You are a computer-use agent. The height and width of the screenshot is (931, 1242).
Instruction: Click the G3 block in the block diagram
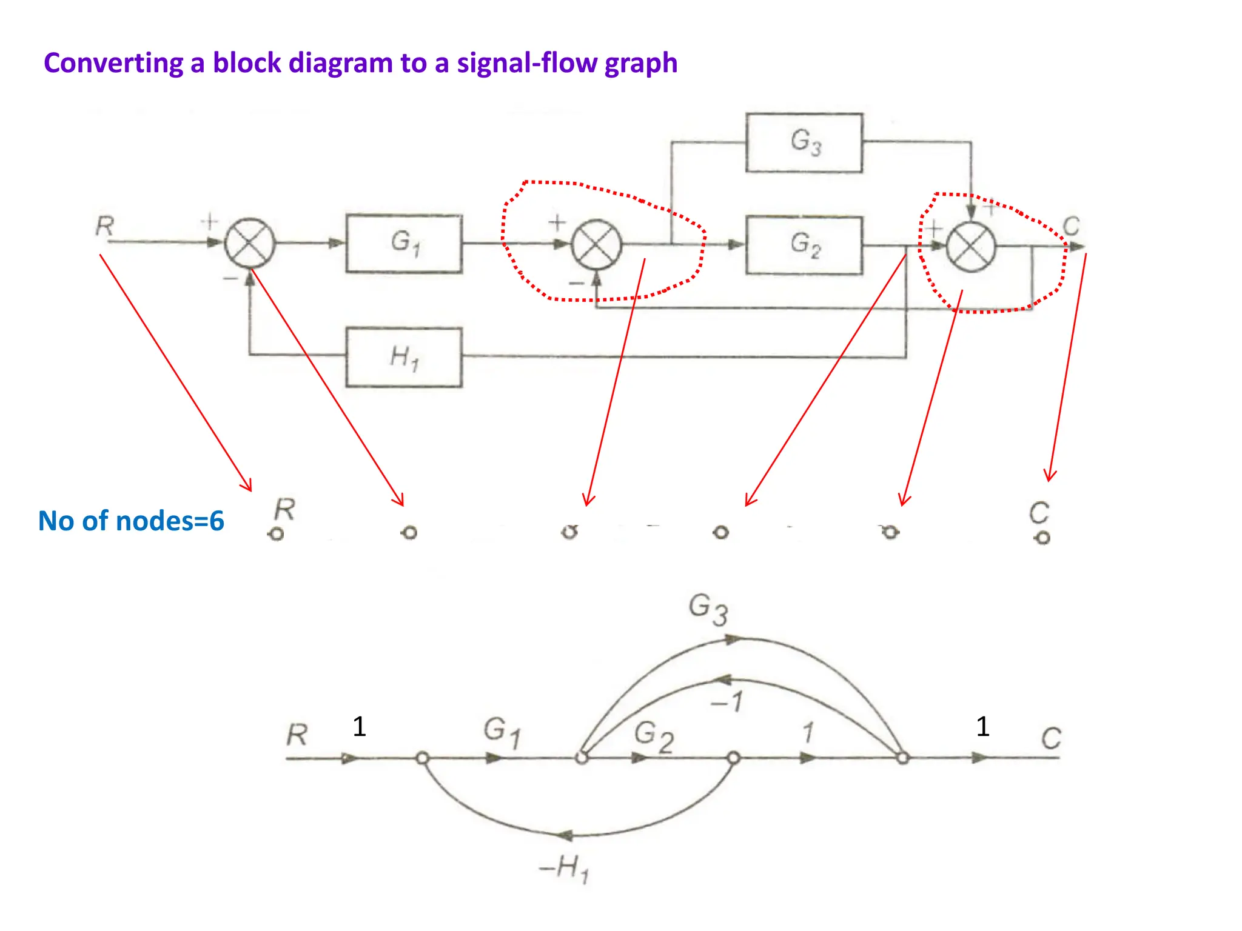click(804, 142)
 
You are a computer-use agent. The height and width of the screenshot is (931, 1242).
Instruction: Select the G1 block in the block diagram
click(404, 243)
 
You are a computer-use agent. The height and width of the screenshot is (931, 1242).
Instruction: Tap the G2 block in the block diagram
click(804, 245)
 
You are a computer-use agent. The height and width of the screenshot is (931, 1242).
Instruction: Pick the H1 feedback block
click(404, 357)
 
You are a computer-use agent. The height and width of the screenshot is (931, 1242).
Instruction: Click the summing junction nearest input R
click(250, 243)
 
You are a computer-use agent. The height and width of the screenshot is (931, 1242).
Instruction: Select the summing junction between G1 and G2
click(597, 245)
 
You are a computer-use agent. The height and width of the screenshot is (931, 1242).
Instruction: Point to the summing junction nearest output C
click(971, 247)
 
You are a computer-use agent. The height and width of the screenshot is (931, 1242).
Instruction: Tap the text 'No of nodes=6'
click(131, 521)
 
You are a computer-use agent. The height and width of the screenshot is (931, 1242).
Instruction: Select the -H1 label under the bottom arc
click(564, 868)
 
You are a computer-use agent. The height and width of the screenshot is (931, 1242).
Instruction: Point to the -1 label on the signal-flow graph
click(727, 702)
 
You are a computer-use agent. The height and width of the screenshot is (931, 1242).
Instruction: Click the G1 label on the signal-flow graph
click(502, 731)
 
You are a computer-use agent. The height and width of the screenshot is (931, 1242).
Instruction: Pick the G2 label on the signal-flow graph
click(654, 736)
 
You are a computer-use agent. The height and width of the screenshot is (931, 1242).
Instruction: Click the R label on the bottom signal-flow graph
click(297, 735)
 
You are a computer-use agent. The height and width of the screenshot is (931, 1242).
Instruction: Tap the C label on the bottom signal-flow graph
click(1051, 738)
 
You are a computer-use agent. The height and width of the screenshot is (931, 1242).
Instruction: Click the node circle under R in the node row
click(277, 534)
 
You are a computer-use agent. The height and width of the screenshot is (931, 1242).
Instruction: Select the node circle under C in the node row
click(1042, 538)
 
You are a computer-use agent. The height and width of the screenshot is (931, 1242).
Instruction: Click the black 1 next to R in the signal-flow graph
click(359, 726)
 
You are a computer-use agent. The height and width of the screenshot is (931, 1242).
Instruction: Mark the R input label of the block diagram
click(104, 227)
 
